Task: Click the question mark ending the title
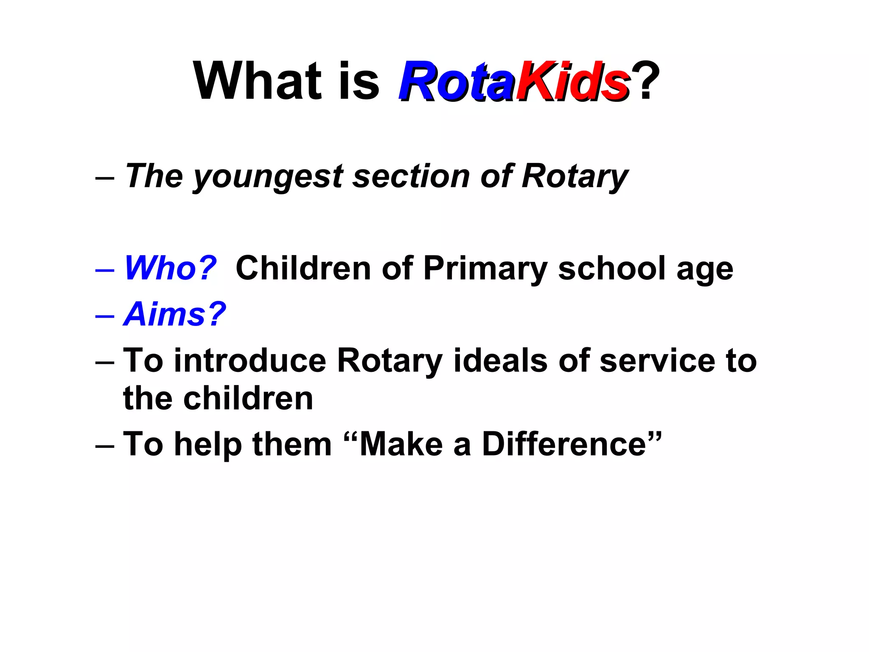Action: [646, 81]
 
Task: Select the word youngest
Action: [268, 177]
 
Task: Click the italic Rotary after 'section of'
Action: [575, 177]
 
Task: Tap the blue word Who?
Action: [170, 268]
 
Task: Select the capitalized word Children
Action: [303, 268]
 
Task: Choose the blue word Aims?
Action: [174, 314]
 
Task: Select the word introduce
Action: [250, 361]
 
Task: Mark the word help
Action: [208, 444]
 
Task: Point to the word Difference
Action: [564, 444]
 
